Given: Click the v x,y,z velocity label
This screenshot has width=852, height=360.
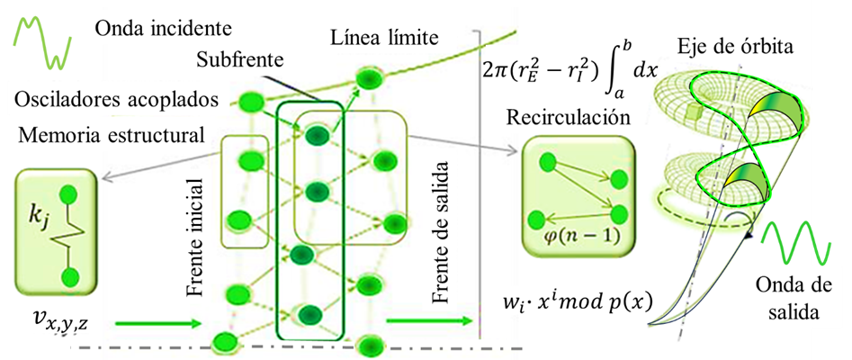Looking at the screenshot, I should tap(57, 317).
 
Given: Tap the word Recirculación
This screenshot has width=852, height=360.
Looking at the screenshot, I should tap(568, 119).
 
